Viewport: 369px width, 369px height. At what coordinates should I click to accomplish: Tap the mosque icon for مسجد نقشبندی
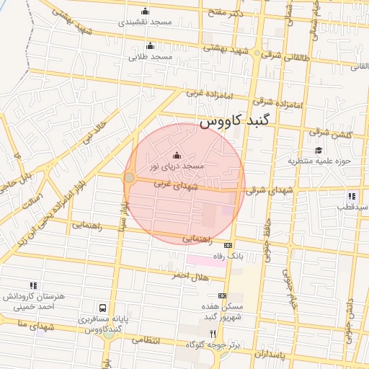pos(146,11)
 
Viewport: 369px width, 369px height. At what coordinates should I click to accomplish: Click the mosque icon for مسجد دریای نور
pos(177,154)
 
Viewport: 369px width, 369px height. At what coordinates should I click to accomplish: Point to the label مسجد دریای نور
pos(177,166)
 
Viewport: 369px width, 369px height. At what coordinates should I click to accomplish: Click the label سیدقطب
pos(352,206)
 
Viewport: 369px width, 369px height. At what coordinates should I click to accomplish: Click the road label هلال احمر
pos(190,276)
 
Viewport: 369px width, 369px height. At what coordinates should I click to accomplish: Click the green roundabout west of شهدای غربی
pos(130,177)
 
